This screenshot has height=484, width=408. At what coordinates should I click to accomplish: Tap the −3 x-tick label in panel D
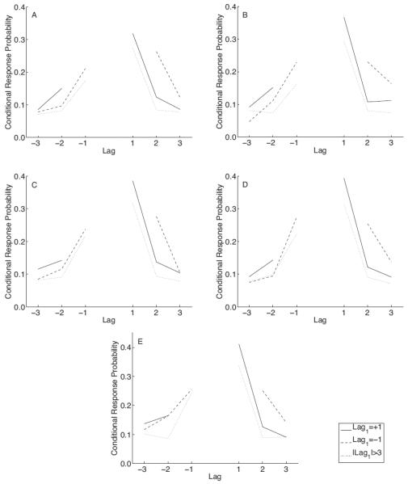tap(246, 312)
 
